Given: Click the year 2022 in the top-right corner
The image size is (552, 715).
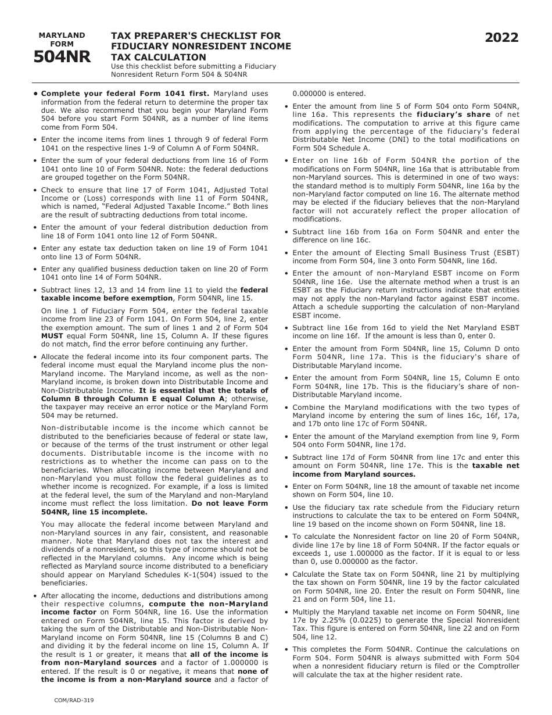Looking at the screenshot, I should coord(501,38).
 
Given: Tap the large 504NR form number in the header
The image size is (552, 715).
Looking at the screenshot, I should coord(62,57).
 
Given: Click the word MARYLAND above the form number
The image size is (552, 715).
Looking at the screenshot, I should coord(62,35).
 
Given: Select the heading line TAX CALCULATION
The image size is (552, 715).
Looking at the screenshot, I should coord(159,57).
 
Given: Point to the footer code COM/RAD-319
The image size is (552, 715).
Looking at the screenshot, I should coord(71,700).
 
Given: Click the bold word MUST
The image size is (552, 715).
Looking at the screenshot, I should coord(52,335).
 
